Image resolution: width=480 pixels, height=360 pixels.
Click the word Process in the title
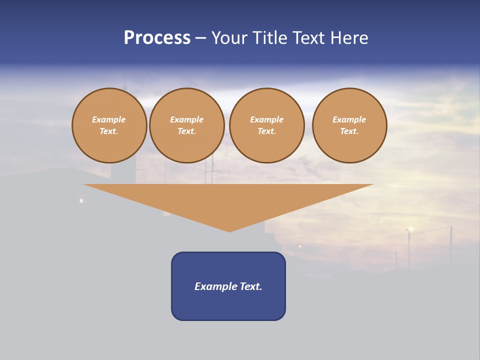[x=157, y=38]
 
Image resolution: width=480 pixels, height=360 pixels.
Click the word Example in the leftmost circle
[x=109, y=119]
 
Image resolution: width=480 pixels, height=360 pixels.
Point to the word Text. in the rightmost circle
[x=349, y=131]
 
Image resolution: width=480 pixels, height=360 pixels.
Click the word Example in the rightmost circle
[x=349, y=119]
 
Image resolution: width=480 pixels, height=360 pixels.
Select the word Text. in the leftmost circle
[x=109, y=131]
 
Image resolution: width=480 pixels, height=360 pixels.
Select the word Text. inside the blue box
[x=251, y=286]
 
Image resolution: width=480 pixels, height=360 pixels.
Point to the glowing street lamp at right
[x=409, y=229]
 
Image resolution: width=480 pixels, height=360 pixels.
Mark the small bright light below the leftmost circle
[x=81, y=201]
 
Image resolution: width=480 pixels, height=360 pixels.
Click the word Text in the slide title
[x=311, y=38]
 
